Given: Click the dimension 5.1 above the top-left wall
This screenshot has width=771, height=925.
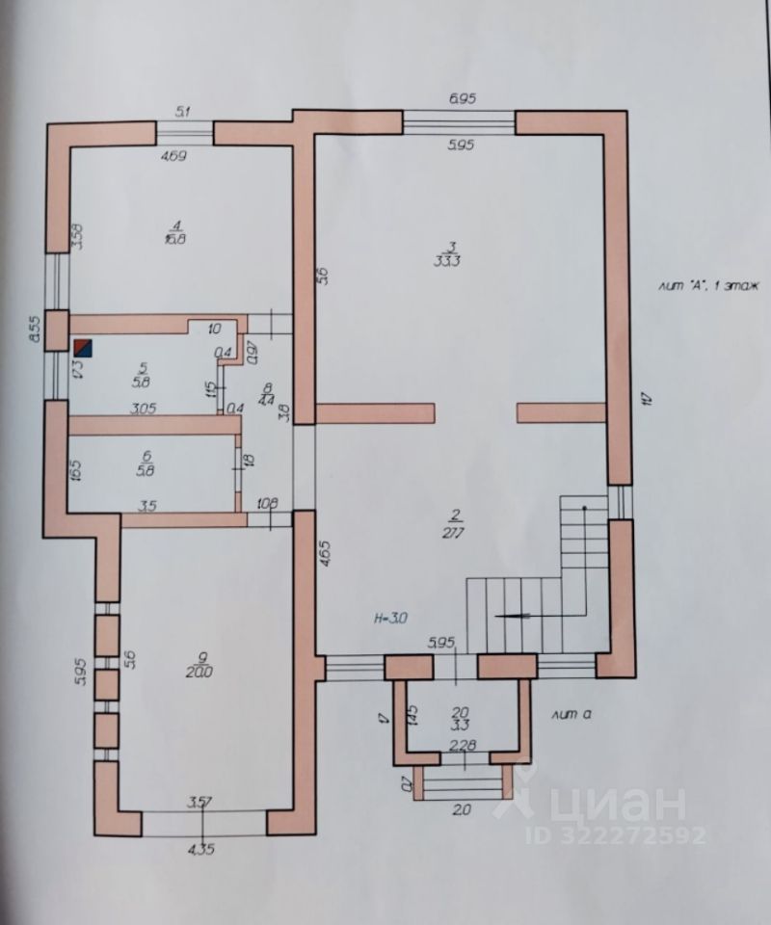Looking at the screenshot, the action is coord(184,112).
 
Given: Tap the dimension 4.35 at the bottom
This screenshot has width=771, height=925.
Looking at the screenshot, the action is coord(201,850).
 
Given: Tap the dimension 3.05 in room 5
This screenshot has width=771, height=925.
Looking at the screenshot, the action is coord(144,409).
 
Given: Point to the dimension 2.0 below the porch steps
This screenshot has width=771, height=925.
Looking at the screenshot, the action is coord(462,810).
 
